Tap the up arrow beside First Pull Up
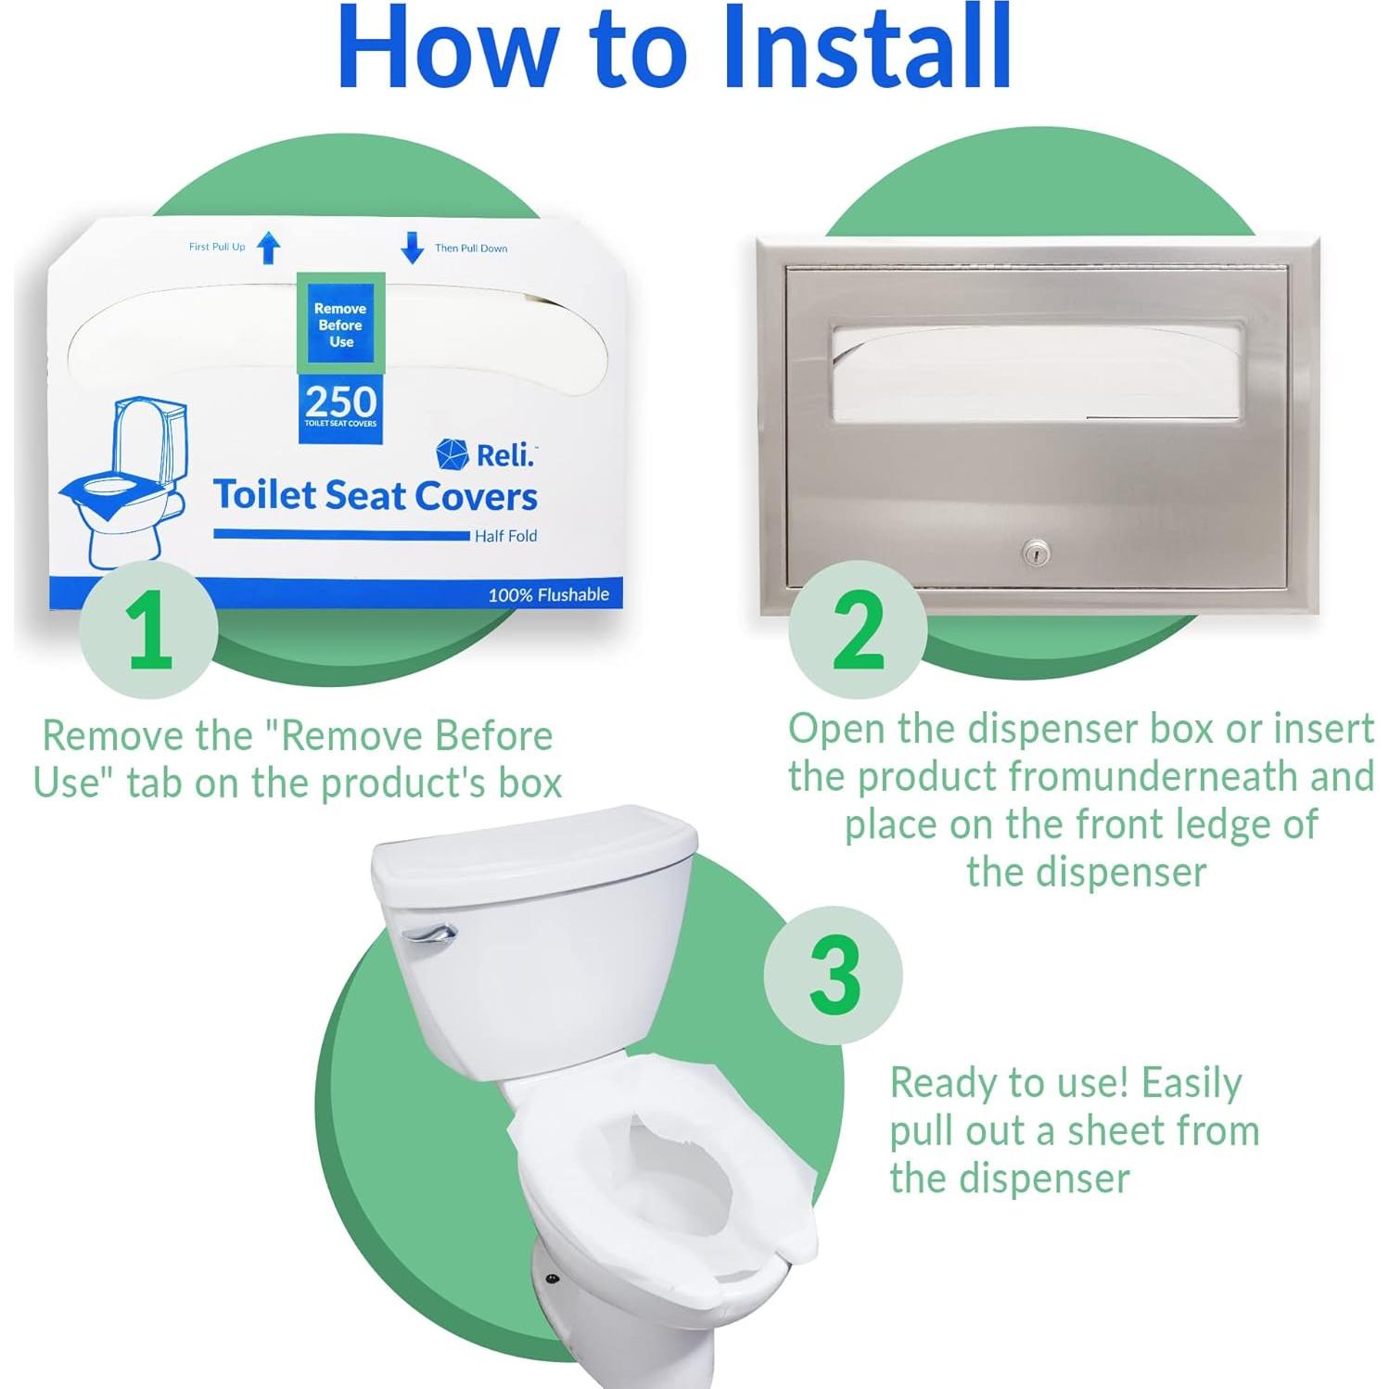pyautogui.click(x=269, y=248)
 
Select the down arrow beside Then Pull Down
pyautogui.click(x=412, y=248)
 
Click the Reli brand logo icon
pyautogui.click(x=452, y=454)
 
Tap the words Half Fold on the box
pyautogui.click(x=505, y=536)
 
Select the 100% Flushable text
pyautogui.click(x=549, y=594)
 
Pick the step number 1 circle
pyautogui.click(x=148, y=630)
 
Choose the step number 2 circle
pyautogui.click(x=858, y=630)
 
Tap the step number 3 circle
pyautogui.click(x=834, y=975)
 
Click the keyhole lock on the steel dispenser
pyautogui.click(x=1035, y=554)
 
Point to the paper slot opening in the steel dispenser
pyautogui.click(x=1036, y=373)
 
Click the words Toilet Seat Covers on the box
pyautogui.click(x=376, y=495)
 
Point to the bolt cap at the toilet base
pyautogui.click(x=553, y=1279)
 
